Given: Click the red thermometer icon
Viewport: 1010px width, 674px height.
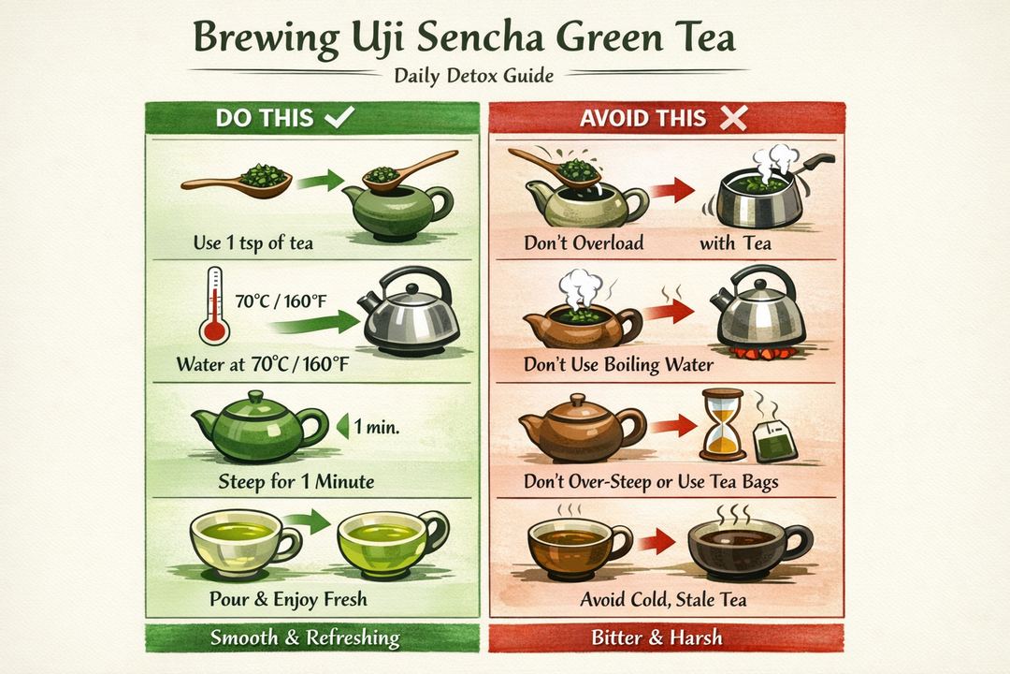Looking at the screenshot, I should (214, 309).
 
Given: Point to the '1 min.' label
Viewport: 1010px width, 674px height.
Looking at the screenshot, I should (376, 429).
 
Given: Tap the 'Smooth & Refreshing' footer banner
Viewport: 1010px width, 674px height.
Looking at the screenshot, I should (305, 639).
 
